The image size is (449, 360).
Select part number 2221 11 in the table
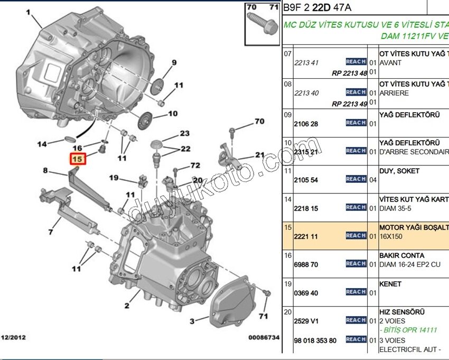[306, 236]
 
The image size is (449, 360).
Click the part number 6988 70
[306, 264]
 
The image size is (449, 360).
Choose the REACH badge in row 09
[356, 123]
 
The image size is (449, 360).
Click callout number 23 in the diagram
[184, 134]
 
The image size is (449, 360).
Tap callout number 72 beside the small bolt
[195, 165]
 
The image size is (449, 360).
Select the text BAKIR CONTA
[401, 255]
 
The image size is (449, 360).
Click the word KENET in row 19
[390, 284]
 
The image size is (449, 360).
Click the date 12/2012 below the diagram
[13, 337]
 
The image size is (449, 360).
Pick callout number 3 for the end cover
[192, 320]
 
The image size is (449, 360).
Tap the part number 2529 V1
[306, 321]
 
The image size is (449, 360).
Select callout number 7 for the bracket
[51, 232]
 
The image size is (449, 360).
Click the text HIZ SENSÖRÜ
[401, 312]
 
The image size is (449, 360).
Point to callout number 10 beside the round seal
[173, 113]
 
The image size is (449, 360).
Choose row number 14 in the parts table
[288, 199]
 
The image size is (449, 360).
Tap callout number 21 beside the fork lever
[259, 155]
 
